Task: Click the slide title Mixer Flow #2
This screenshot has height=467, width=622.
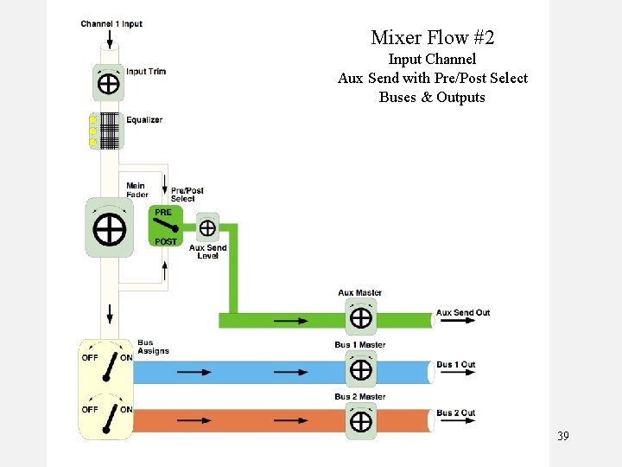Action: [432, 38]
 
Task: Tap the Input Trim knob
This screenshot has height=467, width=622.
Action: [109, 83]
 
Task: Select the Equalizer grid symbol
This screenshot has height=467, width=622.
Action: [109, 131]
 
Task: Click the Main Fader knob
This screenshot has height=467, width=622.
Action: [109, 228]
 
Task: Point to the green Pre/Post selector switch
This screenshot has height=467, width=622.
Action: [164, 227]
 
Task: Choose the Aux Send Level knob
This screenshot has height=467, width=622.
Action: [207, 227]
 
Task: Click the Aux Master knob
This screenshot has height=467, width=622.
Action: [360, 318]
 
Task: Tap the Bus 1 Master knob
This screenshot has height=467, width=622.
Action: [360, 370]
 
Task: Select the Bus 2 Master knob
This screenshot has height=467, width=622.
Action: [360, 421]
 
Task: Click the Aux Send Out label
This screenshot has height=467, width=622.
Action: [463, 313]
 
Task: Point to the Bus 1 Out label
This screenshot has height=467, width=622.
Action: [455, 365]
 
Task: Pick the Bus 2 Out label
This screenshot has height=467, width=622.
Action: [455, 413]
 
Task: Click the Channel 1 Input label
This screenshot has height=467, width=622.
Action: [111, 24]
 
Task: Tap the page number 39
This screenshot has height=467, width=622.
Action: [563, 436]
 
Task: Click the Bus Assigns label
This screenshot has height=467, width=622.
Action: [153, 348]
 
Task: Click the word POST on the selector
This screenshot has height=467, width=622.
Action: [166, 242]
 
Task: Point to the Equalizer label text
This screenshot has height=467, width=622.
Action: [144, 120]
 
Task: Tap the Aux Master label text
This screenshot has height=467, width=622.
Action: [360, 293]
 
